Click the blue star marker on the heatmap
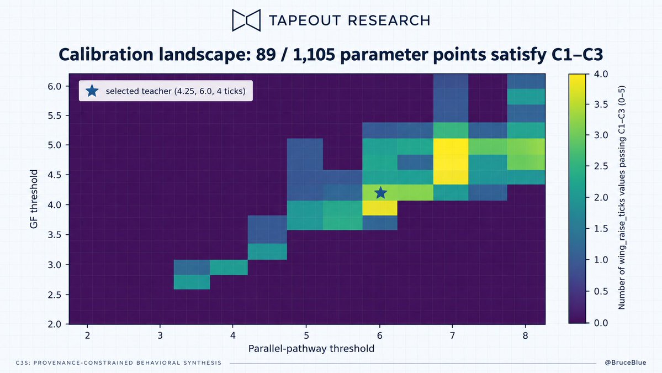380,193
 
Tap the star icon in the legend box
92,91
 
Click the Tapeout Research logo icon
246,20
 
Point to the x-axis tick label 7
452,335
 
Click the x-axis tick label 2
87,335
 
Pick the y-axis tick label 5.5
54,115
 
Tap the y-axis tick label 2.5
54,295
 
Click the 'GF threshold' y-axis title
34,199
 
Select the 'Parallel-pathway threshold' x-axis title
311,349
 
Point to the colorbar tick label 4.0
601,74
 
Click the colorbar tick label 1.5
601,229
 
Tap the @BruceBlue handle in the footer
625,363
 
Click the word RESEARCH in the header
389,20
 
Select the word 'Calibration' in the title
106,55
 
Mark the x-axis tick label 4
232,335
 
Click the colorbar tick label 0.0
601,323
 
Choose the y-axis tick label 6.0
54,86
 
